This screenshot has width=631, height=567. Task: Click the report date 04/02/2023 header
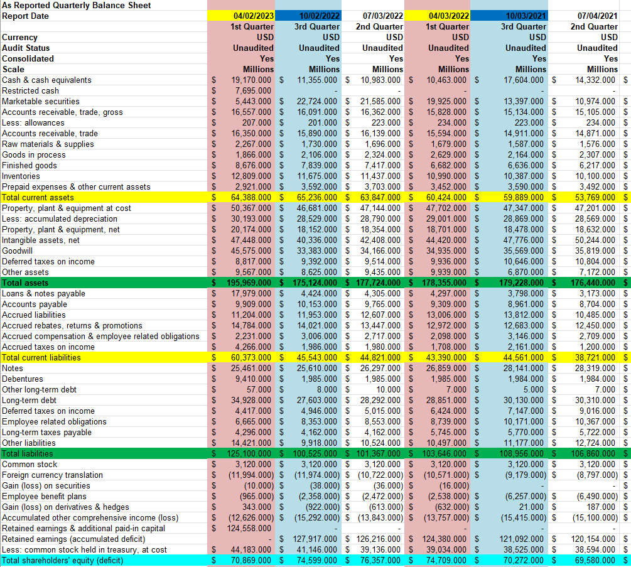253,16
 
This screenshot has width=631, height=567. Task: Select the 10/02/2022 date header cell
320,16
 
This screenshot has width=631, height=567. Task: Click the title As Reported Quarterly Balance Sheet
77,5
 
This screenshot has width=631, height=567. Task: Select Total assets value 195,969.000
246,283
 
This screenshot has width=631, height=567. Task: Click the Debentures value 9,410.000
251,379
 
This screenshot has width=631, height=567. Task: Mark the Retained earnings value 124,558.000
246,528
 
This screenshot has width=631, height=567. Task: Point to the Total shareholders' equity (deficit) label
63,560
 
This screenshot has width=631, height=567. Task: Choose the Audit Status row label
26,48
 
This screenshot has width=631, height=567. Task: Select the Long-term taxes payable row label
46,432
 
